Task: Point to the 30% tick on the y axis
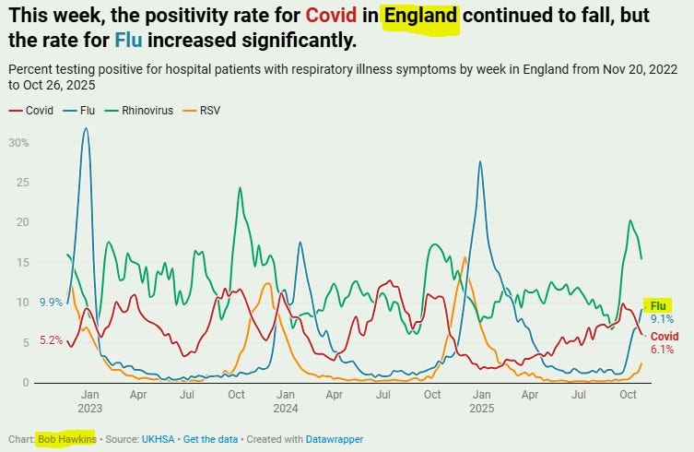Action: point(20,143)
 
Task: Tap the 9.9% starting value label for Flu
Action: point(51,302)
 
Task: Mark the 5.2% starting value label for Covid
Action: point(51,340)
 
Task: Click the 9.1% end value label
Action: point(662,319)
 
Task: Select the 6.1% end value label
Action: point(662,350)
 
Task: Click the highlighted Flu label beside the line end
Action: point(658,305)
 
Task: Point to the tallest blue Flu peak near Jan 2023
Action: point(86,129)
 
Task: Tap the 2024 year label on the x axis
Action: point(286,407)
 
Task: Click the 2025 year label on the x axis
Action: point(481,407)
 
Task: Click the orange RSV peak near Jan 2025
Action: point(464,258)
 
